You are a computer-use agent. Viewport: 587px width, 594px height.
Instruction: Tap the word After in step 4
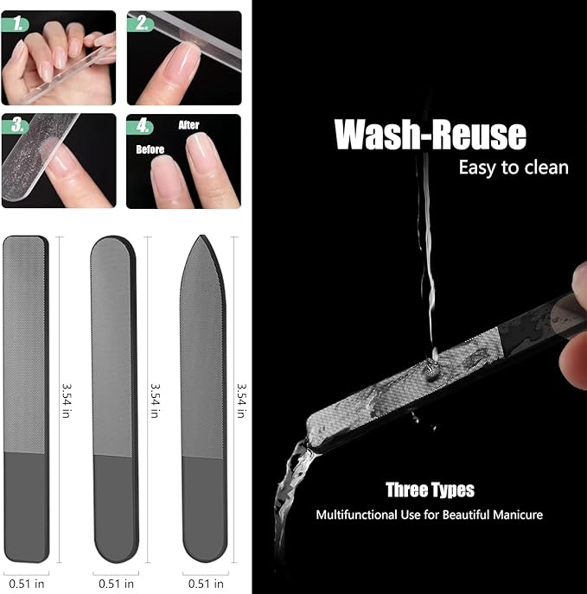point(188,125)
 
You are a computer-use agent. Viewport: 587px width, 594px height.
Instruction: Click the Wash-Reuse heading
point(430,136)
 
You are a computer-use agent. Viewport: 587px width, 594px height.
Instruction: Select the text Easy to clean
point(514,167)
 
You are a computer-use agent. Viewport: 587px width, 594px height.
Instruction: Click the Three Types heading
point(430,490)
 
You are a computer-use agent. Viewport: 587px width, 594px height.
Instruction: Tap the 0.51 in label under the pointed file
point(204,582)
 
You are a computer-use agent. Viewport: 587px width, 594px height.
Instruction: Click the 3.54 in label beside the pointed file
point(241,401)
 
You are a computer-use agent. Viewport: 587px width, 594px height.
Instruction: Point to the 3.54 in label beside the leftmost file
point(65,401)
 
